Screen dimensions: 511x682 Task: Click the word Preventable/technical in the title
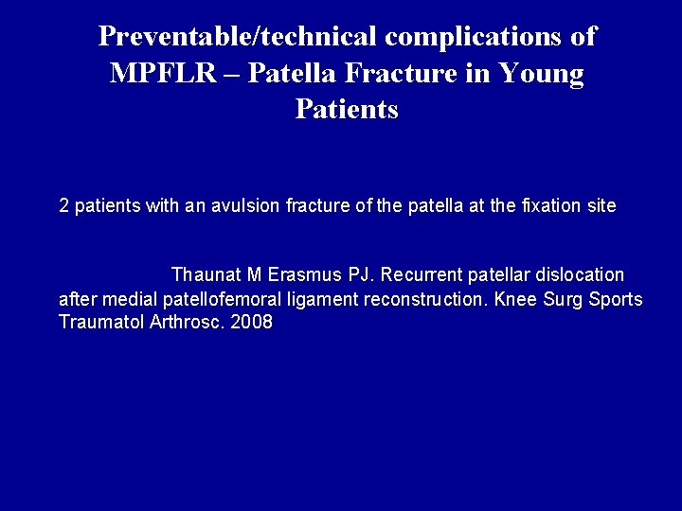239,37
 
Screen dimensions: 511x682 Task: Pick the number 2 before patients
64,205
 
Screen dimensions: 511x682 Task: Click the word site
600,205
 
